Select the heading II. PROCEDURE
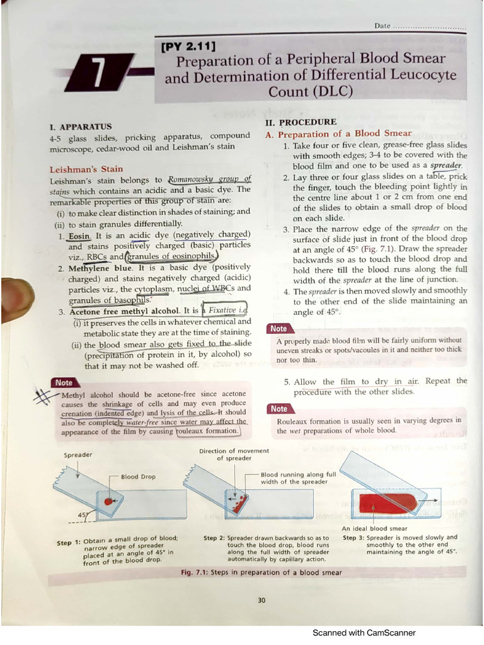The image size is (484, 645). tap(301, 122)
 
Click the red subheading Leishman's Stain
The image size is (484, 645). tap(86, 169)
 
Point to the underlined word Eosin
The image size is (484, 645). tap(80, 235)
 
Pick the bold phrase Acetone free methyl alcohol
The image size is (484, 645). tap(125, 311)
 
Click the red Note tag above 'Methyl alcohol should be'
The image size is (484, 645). tap(64, 382)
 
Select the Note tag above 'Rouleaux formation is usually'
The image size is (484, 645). tap(279, 409)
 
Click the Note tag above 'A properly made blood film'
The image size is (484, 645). tap(279, 329)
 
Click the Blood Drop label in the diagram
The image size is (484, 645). tap(138, 477)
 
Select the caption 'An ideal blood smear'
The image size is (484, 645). tap(374, 528)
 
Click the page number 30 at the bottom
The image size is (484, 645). tap(262, 600)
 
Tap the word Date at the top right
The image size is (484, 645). tap(383, 26)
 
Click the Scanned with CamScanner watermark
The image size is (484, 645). tap(364, 633)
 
